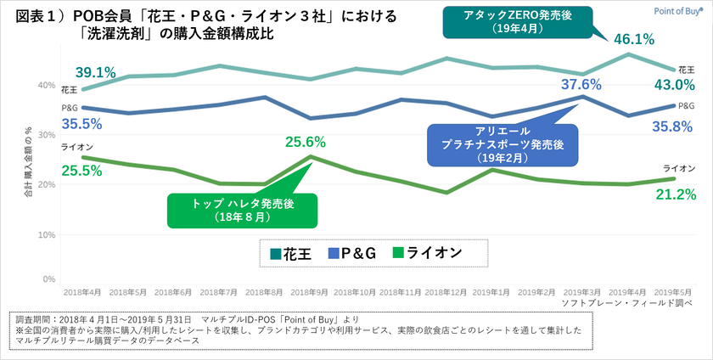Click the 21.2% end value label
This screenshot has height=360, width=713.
tap(676, 194)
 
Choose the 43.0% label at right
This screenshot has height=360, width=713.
tap(676, 85)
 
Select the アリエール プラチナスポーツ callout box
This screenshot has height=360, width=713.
tap(502, 143)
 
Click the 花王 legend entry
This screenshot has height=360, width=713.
tap(286, 253)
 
